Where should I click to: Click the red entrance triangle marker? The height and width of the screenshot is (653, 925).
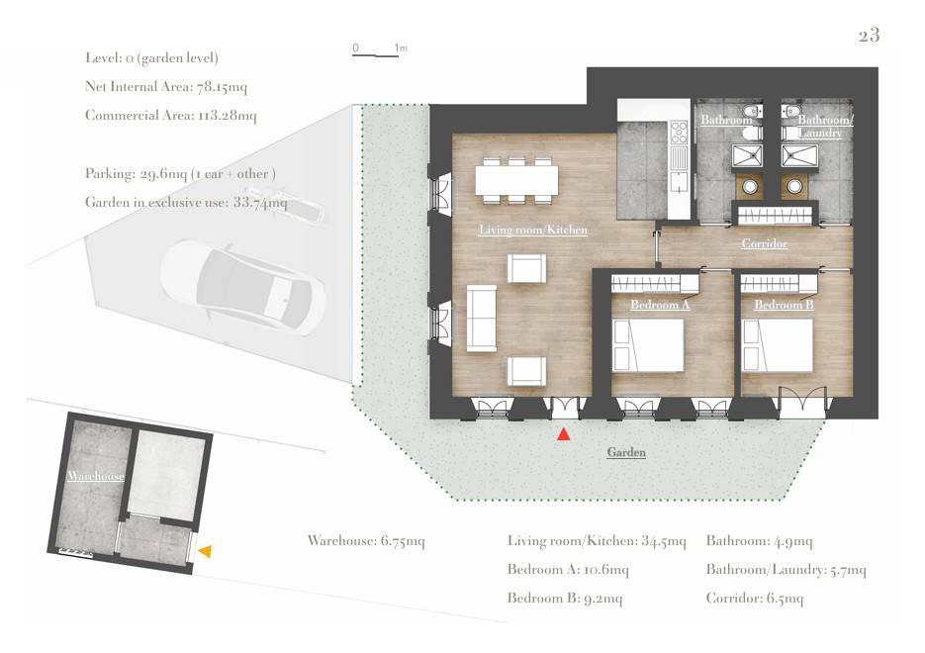point(564,434)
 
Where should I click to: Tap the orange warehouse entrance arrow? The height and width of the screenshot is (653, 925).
point(206,551)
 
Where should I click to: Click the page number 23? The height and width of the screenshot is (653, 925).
point(869,36)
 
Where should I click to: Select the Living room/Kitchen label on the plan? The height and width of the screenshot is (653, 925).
point(533,230)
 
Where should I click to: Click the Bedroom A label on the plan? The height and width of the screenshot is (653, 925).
point(660,305)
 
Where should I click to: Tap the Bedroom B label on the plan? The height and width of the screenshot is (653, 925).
point(784,305)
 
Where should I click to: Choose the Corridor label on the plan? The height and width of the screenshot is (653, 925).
point(765,243)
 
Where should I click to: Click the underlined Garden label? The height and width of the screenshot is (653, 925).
point(626,452)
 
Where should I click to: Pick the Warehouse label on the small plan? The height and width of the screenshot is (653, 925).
point(96,476)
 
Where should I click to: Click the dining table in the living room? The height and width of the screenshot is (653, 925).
point(516,180)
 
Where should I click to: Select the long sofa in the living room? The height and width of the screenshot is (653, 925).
point(482,319)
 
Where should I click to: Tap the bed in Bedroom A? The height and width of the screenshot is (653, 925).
point(648,345)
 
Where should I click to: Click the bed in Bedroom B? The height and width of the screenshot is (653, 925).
point(777,345)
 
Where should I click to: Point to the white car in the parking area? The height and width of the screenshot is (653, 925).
point(242,287)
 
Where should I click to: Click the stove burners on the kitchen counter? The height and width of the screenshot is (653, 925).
point(679,133)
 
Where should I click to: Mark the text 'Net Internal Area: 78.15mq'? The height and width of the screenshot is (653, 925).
point(166,87)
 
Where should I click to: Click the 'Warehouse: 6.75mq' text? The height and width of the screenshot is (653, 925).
point(366,540)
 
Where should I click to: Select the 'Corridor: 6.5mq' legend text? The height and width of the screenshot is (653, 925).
point(755,599)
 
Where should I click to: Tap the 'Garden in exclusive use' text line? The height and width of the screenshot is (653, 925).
point(186,202)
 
